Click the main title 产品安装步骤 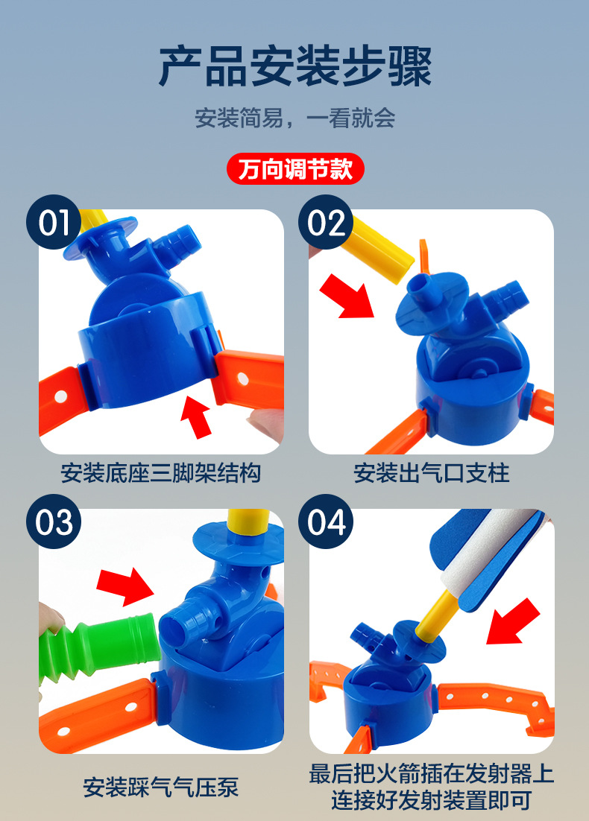click(x=294, y=66)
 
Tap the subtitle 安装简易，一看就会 click(x=294, y=118)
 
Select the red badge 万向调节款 click(x=294, y=168)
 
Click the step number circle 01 click(x=54, y=222)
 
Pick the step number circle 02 click(x=327, y=222)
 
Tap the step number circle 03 click(x=54, y=522)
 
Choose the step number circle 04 click(x=327, y=522)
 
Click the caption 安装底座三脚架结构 click(x=161, y=473)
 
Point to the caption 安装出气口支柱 click(x=432, y=473)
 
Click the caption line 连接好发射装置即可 click(x=432, y=801)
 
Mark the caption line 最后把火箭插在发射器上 click(x=432, y=773)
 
